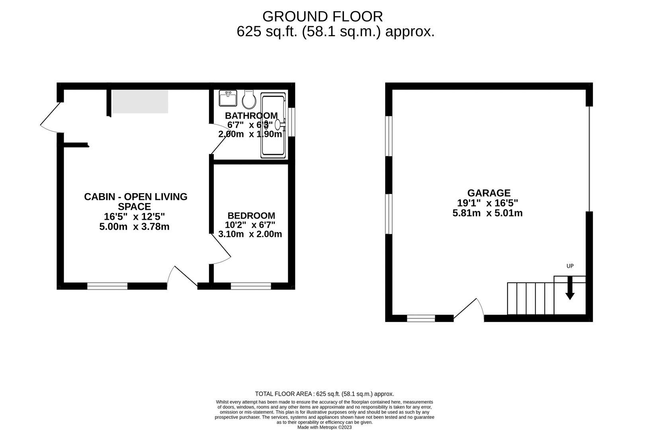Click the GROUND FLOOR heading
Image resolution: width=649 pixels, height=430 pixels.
(x=323, y=16)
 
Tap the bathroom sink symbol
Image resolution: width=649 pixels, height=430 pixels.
(x=228, y=98)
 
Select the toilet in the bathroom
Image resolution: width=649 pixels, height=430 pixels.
(x=249, y=99)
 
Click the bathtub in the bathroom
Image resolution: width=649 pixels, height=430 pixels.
(x=273, y=125)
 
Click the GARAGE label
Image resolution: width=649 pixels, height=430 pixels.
(x=489, y=193)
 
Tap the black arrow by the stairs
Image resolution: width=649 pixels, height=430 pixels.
(x=570, y=288)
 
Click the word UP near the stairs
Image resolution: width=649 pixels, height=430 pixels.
(x=570, y=266)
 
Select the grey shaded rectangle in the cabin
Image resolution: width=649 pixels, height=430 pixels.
(x=140, y=102)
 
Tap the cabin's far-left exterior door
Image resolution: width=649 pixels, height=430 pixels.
(x=51, y=117)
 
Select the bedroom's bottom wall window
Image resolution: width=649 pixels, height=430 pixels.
(x=251, y=286)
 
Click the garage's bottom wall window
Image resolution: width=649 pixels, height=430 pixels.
(x=421, y=318)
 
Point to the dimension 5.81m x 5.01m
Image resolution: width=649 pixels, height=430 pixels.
(x=487, y=213)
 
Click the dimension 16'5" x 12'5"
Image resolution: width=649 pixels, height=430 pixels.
(x=134, y=217)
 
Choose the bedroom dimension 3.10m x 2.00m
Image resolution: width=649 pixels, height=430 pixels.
(x=250, y=234)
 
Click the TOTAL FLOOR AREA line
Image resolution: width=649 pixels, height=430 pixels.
(x=324, y=394)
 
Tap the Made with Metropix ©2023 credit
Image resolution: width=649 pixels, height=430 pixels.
(x=324, y=427)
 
